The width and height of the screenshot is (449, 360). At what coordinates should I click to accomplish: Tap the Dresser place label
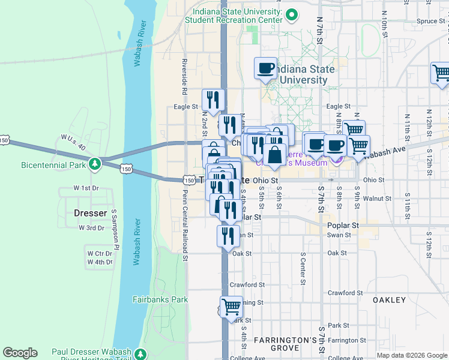point(90,213)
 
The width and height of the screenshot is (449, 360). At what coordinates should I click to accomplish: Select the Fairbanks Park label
point(160,299)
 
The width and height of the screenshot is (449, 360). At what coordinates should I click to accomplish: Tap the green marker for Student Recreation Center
point(292,14)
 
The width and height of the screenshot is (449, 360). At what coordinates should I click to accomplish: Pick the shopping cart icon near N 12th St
point(441,73)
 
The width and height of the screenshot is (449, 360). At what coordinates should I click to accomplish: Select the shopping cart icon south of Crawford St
point(231,307)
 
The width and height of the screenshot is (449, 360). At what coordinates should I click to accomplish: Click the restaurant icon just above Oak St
point(228,235)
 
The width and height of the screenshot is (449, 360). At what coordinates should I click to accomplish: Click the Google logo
point(20,353)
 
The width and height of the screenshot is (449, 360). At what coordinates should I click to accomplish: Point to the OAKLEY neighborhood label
point(390,299)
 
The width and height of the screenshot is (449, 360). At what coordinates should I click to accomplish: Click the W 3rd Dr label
point(91,228)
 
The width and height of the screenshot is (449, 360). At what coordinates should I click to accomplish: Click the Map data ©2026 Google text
point(411,355)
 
